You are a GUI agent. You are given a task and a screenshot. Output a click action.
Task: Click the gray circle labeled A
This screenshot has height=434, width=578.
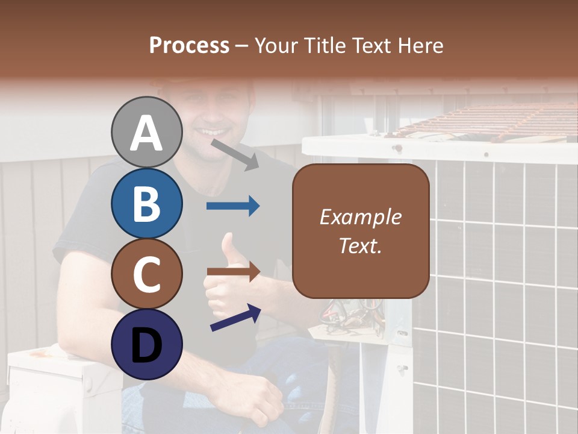(x=147, y=132)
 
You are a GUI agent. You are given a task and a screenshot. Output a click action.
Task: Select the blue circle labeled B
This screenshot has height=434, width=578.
(x=147, y=203)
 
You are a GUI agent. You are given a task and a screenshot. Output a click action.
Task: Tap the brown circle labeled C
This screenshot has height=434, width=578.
(x=147, y=274)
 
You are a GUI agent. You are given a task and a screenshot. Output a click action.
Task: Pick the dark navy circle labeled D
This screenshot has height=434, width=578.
(x=147, y=345)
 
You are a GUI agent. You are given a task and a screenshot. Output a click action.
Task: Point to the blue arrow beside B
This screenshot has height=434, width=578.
(x=233, y=206)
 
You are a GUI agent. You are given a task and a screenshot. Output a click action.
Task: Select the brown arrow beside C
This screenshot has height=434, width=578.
(x=233, y=272)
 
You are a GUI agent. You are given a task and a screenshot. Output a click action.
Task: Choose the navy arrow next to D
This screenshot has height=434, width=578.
(x=235, y=317)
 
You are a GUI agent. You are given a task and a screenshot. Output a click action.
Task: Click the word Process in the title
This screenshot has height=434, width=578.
(x=189, y=45)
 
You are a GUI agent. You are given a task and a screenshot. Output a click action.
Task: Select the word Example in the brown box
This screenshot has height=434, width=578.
(x=360, y=217)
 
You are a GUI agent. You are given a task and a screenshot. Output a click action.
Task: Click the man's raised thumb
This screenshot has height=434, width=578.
(x=229, y=247)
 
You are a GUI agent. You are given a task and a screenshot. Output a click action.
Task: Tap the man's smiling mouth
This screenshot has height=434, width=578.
(x=214, y=131)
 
